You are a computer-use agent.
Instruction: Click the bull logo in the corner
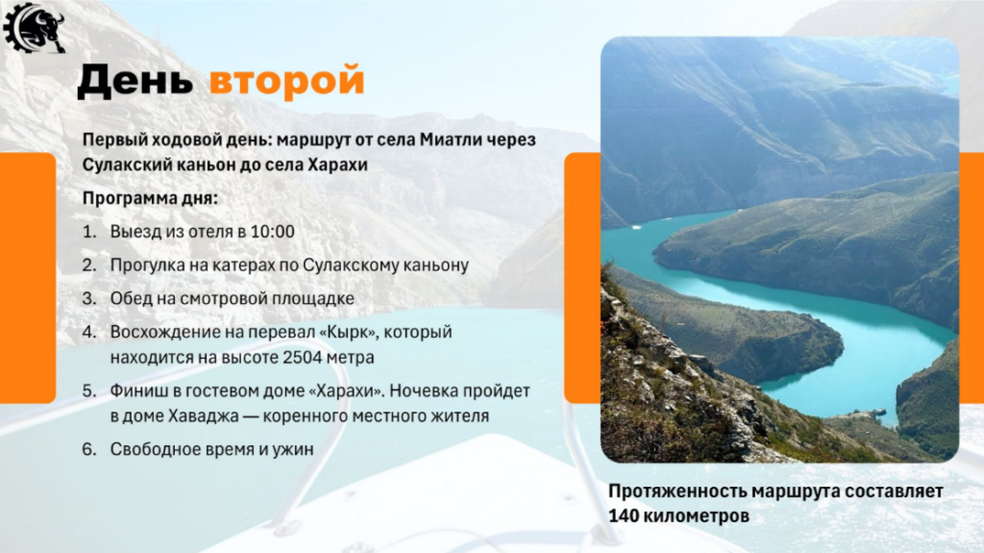click(x=34, y=27)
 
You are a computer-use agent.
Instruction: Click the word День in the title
click(x=135, y=81)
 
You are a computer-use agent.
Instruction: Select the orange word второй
click(x=286, y=81)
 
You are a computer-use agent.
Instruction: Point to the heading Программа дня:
click(x=150, y=198)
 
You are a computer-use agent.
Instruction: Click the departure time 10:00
click(x=272, y=231)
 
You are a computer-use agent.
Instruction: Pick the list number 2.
click(x=89, y=265)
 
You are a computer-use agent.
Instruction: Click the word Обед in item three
click(x=131, y=298)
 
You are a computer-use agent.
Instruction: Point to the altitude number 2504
click(x=303, y=358)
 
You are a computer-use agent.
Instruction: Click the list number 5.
click(x=89, y=390)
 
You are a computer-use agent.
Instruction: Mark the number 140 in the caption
click(x=624, y=515)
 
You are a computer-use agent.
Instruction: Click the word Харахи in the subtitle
click(x=337, y=164)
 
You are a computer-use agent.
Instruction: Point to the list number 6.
click(x=89, y=450)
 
